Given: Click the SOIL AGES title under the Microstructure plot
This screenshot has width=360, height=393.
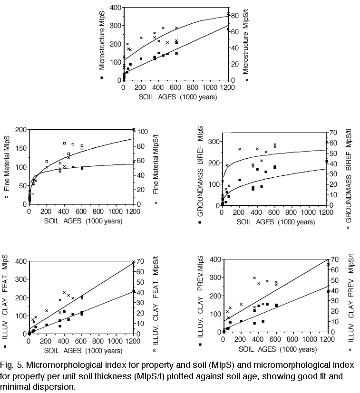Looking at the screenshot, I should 178,97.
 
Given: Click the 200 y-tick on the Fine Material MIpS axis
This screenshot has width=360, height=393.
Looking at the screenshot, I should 20,130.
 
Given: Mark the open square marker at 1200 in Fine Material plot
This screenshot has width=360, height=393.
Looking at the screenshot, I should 134,130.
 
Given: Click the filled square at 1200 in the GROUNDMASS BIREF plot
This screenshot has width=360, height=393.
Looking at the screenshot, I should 326,162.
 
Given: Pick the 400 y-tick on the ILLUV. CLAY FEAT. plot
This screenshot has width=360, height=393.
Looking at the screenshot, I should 20,261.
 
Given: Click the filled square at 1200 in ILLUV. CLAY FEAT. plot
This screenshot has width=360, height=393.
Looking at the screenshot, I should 134,292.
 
